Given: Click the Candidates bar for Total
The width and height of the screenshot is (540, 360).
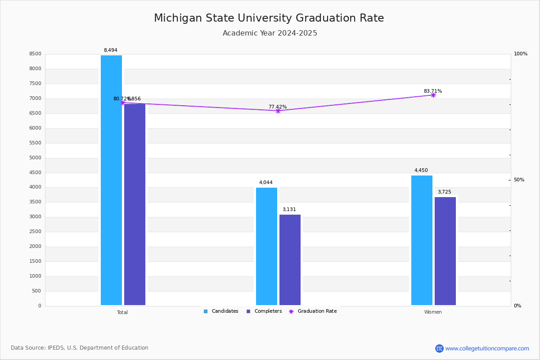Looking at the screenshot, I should [x=111, y=180].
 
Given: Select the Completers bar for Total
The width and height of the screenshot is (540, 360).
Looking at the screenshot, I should [x=135, y=205].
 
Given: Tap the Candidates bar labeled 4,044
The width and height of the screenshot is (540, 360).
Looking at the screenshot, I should [x=266, y=246].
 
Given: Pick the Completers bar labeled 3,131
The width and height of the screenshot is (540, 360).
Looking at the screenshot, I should [x=290, y=260].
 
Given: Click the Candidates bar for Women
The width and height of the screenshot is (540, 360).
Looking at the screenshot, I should [x=422, y=240].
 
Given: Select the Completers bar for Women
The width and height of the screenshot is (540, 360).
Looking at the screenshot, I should [x=445, y=251].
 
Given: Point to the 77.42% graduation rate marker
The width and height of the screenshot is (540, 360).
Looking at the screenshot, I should [x=278, y=111].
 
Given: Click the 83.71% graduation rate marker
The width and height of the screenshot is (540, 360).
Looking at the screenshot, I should [x=433, y=95].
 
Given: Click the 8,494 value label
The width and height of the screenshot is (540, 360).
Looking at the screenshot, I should [x=111, y=50].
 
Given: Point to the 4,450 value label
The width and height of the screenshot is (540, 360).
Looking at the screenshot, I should [x=421, y=171].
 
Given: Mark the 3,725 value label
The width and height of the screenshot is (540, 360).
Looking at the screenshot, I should [x=445, y=192].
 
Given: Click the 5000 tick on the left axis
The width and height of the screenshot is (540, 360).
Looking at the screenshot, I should [x=36, y=158].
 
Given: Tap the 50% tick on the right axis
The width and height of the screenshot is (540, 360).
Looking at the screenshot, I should [x=519, y=180].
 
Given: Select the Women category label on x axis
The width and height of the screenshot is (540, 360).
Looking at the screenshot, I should [x=433, y=312].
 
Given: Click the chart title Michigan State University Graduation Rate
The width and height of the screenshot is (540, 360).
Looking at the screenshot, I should [x=269, y=18].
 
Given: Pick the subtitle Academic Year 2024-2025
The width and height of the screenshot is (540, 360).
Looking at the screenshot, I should [x=270, y=33].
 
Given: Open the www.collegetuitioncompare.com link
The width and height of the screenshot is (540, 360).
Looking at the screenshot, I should [x=487, y=348].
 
